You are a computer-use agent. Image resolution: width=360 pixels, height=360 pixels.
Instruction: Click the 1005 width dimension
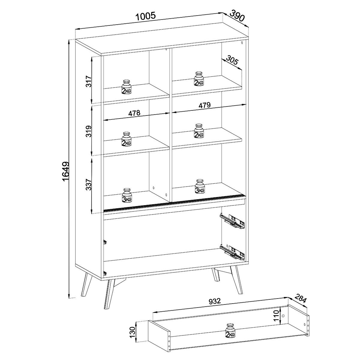click(x=146, y=16)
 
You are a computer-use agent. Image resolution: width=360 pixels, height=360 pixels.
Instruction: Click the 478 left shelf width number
click(x=134, y=113)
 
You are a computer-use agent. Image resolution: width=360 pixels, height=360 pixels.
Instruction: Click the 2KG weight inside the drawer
click(x=230, y=331)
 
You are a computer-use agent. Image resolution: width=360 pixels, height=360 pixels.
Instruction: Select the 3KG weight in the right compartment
click(x=200, y=187)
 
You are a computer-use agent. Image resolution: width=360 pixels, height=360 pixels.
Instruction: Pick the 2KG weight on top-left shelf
click(x=126, y=87)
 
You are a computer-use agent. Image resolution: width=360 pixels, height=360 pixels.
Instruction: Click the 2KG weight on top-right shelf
click(x=199, y=79)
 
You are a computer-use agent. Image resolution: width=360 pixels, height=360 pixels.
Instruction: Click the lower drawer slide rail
click(x=233, y=252)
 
